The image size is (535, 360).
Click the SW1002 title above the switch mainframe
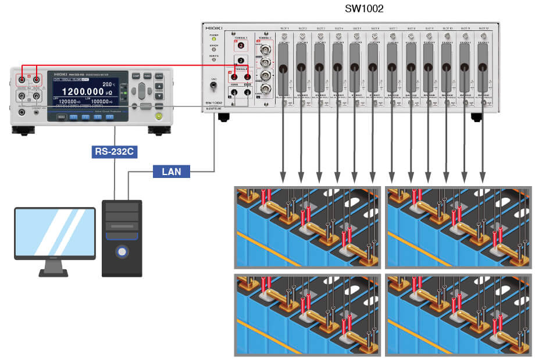tap(364, 9)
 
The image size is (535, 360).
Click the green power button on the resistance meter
tap(158, 116)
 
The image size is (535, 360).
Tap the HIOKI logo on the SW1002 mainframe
tap(214, 27)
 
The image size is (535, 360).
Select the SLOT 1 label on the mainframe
tap(284, 28)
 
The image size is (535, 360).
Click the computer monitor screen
tap(55, 231)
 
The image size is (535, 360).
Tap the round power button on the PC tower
tap(122, 252)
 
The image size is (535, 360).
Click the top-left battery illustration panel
tap(308, 227)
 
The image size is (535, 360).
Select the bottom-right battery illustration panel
tap(458, 313)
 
